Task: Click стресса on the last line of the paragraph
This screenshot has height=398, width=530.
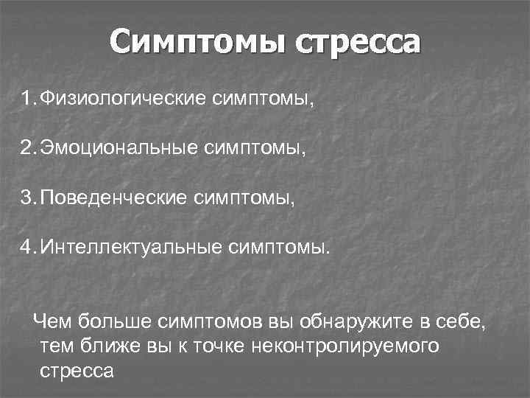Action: click(77, 371)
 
